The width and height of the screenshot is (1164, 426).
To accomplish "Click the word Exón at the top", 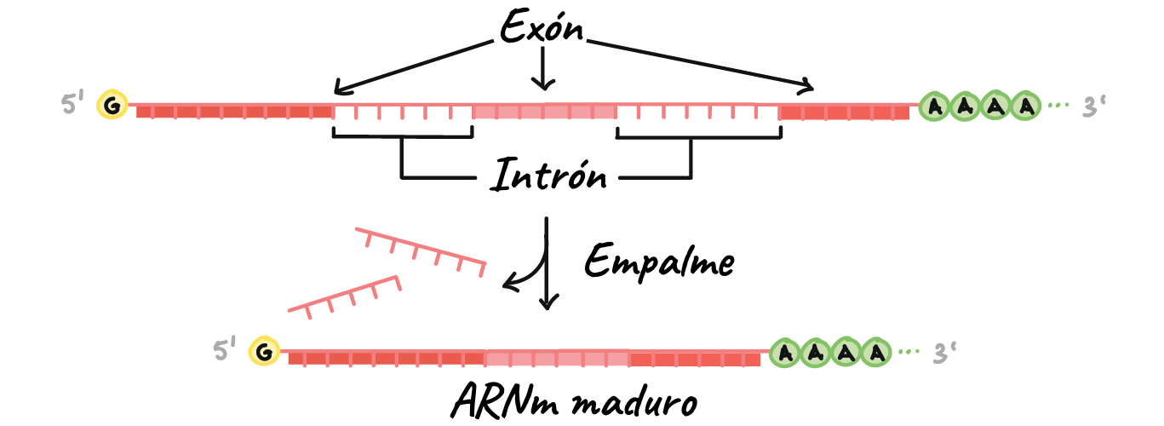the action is [x=542, y=26].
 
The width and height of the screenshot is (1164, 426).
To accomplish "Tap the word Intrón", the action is [x=548, y=175].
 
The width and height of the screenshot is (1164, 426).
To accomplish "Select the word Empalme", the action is [x=659, y=262].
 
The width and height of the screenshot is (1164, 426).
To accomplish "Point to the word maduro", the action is [x=634, y=401].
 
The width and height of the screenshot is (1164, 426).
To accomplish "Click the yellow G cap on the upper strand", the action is [x=112, y=105].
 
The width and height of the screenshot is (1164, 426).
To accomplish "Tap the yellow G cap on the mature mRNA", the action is [x=265, y=351].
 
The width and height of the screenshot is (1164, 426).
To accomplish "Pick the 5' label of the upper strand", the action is [x=72, y=103].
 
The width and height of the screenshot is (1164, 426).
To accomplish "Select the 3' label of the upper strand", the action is [x=1094, y=106].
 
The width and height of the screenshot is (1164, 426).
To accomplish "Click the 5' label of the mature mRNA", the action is [x=225, y=348].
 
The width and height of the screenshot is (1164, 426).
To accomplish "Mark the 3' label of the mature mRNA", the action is [x=944, y=352].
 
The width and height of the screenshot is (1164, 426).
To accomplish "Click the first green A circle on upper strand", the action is [x=935, y=106].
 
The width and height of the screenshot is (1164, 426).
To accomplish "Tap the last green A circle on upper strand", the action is [x=1025, y=106].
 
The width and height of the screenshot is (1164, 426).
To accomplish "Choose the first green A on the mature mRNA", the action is [x=785, y=353].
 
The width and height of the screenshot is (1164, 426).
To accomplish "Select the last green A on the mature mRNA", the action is [x=876, y=353].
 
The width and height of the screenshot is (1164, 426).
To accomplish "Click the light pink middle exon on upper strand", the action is [x=545, y=110].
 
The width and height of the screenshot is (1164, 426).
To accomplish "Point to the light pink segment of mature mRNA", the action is [x=558, y=357].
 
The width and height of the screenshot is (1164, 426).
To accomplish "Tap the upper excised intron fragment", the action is [x=421, y=250].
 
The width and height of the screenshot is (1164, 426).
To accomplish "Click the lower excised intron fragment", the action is [x=344, y=296].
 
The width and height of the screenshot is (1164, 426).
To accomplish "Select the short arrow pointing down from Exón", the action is [x=543, y=67].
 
